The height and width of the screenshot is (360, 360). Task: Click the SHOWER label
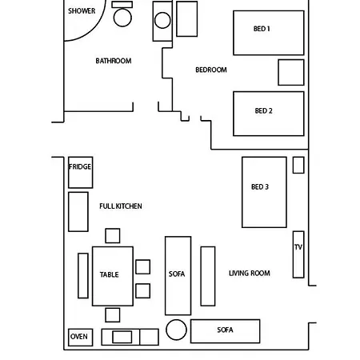click(82, 11)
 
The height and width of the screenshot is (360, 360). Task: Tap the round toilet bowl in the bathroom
click(122, 18)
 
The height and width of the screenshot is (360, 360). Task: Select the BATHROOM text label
click(114, 61)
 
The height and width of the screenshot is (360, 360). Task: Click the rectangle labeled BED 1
click(269, 33)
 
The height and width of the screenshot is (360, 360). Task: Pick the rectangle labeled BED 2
click(269, 114)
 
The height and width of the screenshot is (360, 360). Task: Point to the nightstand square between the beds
click(291, 72)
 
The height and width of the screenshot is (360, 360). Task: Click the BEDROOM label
click(211, 70)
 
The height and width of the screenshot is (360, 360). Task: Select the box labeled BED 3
click(264, 192)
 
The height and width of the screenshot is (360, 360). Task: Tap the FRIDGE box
click(80, 172)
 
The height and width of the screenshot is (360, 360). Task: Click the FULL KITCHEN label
click(121, 206)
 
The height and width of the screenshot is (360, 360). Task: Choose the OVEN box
click(80, 338)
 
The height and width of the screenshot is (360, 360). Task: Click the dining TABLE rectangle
click(113, 276)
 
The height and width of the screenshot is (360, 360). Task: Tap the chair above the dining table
click(113, 236)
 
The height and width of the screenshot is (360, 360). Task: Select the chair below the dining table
click(113, 315)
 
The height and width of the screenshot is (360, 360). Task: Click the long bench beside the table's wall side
click(83, 275)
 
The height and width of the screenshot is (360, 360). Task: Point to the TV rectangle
click(298, 254)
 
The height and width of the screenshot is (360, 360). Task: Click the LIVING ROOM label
click(250, 273)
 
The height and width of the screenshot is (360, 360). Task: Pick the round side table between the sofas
click(176, 330)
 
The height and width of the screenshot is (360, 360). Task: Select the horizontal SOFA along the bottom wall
click(225, 331)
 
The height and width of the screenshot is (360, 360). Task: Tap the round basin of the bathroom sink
click(162, 20)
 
